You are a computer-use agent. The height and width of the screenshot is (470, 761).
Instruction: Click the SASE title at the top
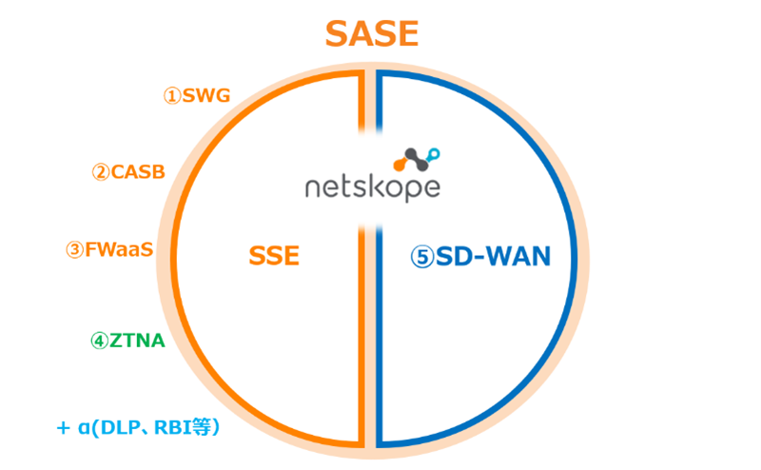(x=371, y=34)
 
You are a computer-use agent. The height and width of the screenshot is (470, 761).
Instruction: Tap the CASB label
(x=138, y=172)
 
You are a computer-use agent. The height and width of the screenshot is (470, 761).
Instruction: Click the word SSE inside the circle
(x=274, y=256)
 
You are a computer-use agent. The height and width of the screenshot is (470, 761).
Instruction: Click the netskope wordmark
(x=371, y=186)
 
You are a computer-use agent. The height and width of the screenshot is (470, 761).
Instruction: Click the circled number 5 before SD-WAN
(x=422, y=256)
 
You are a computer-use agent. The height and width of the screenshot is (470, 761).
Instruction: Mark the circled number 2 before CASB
(x=100, y=172)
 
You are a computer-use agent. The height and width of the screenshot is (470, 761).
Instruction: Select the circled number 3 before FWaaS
(x=74, y=249)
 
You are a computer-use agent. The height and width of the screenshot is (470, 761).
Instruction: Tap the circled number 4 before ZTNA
(x=100, y=341)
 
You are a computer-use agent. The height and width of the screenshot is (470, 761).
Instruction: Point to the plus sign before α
(x=63, y=428)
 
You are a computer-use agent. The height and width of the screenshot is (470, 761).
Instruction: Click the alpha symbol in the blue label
(x=86, y=429)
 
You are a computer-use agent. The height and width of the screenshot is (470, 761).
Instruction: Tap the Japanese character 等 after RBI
(x=204, y=428)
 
